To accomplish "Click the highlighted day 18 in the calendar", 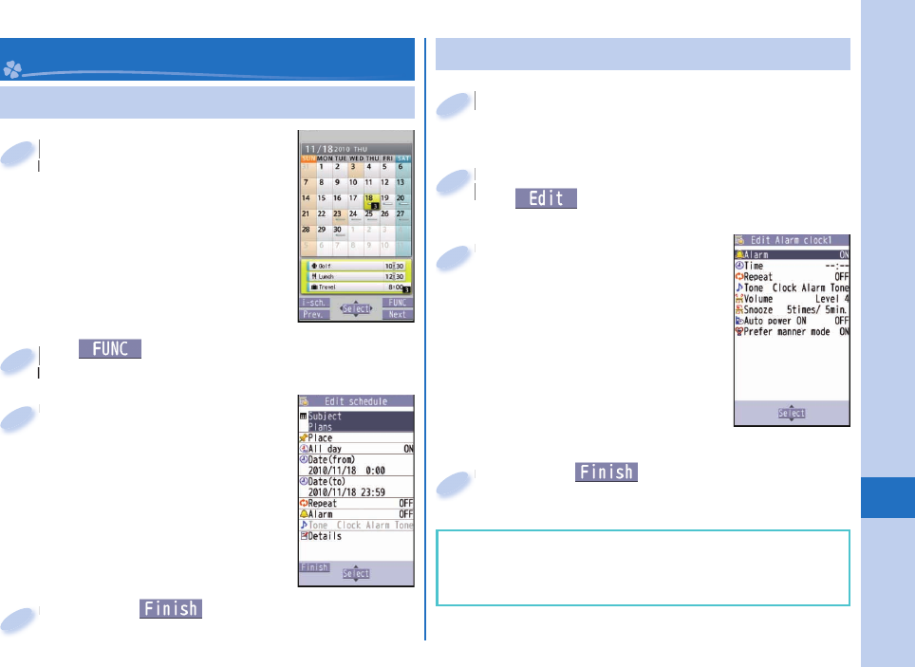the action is click(x=371, y=200).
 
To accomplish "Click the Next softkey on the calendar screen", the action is click(x=398, y=314).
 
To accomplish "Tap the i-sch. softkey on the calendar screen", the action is click(x=314, y=303).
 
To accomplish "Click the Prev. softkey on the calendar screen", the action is click(x=314, y=314).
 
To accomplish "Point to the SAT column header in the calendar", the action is click(x=402, y=157).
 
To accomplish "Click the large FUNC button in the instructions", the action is click(x=110, y=349).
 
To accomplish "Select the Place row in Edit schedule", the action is click(x=356, y=438).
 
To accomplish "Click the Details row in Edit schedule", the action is click(x=356, y=536).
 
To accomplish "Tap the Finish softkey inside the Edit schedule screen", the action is click(x=314, y=567).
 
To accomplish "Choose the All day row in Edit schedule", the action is click(x=356, y=449).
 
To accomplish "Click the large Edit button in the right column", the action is click(x=546, y=198).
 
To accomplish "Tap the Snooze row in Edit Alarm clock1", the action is click(x=792, y=308).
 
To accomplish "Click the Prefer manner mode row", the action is click(x=792, y=333).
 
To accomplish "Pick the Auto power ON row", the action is click(x=792, y=321).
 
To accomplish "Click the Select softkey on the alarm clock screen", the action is click(x=792, y=414).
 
